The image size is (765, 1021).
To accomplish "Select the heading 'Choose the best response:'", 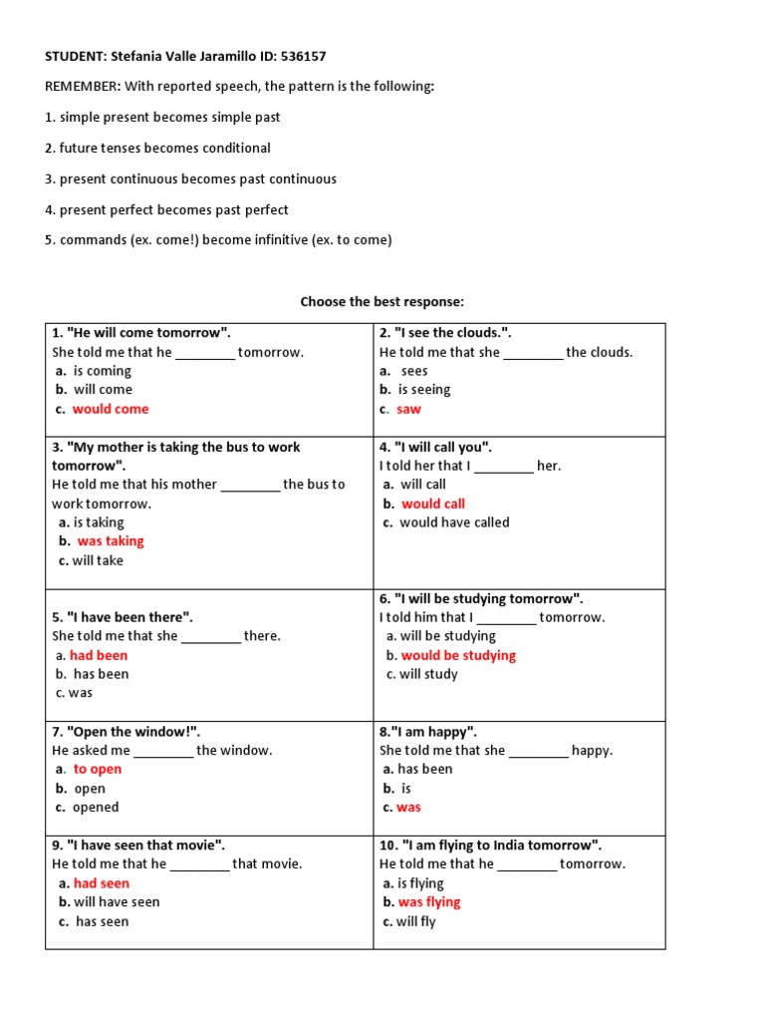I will (382, 301).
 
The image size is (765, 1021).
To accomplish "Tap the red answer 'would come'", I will (111, 409).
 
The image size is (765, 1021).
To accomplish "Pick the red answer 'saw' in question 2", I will (408, 409).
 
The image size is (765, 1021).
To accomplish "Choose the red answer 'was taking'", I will (111, 541).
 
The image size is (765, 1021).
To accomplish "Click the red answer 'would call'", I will (433, 504).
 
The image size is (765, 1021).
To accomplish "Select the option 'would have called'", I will (454, 522).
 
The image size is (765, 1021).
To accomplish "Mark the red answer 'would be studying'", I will (458, 655).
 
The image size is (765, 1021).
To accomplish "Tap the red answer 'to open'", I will (98, 769).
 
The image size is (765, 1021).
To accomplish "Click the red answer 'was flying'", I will (429, 902).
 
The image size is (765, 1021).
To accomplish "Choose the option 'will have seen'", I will (117, 902).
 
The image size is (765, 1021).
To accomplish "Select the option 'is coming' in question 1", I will (103, 371).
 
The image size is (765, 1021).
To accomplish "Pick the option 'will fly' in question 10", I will (416, 921).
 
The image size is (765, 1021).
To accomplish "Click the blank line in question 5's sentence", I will (211, 637).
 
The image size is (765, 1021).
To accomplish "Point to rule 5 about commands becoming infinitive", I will (218, 240).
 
